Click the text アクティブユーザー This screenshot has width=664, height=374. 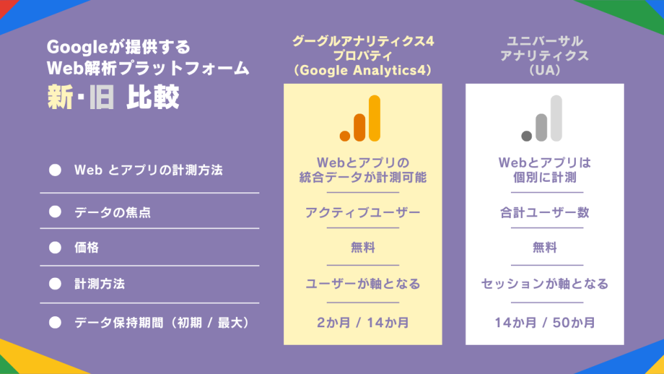362,212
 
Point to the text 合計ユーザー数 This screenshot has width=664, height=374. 544,212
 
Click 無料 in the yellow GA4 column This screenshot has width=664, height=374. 362,247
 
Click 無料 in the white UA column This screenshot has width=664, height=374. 544,247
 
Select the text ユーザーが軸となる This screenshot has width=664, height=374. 362,284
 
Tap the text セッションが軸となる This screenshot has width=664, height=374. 544,284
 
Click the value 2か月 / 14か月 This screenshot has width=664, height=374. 362,321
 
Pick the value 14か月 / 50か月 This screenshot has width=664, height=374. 544,321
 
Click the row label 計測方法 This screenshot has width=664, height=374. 99,284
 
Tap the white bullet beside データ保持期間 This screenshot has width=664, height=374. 55,321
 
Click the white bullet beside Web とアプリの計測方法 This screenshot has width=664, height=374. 55,171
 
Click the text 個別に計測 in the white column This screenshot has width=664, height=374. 544,177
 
